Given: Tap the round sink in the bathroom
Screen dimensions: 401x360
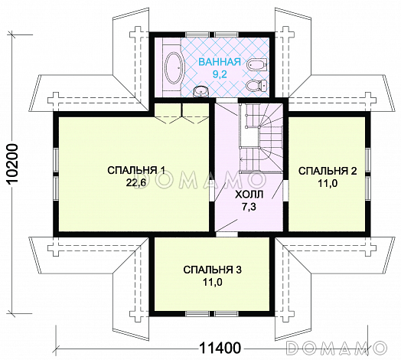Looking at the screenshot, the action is click(200, 92).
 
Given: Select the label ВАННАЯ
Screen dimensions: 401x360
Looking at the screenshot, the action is click(220, 62).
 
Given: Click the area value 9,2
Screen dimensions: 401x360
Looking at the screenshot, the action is click(220, 74).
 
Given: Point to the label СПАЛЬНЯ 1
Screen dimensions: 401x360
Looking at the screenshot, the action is click(136, 170).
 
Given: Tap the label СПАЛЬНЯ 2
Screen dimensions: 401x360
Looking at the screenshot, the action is click(328, 171).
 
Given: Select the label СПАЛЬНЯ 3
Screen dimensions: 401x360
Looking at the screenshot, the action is click(212, 270).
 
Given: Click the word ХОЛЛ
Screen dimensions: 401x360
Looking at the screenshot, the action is click(249, 195).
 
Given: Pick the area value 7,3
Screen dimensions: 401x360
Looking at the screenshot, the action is click(249, 207).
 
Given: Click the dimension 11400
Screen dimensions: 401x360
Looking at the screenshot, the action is click(220, 348).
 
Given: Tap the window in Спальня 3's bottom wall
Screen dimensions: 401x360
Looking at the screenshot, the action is click(212, 314).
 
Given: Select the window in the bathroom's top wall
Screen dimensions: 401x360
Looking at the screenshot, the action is click(212, 34).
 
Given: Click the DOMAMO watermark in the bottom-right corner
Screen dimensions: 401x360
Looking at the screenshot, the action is click(337, 348).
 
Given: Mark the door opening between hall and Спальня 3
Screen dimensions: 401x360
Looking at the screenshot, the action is click(227, 234).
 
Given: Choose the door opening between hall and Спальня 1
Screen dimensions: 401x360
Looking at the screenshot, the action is click(212, 191).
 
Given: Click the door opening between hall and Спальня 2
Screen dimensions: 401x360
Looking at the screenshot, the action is click(286, 191).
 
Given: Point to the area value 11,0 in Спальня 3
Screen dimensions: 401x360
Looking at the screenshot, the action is click(213, 282).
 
